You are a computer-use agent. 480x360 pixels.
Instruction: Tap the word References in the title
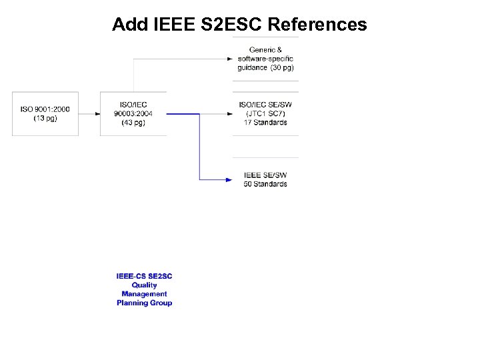pyautogui.click(x=317, y=25)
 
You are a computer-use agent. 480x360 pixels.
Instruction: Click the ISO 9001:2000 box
pyautogui.click(x=45, y=113)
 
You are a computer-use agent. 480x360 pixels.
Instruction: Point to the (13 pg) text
pyautogui.click(x=45, y=118)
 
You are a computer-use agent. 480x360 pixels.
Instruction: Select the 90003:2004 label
pyautogui.click(x=133, y=113)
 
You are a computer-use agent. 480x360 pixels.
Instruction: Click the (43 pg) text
pyautogui.click(x=133, y=122)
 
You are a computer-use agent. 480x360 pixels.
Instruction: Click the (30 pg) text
pyautogui.click(x=282, y=67)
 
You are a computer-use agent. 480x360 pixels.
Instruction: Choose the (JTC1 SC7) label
pyautogui.click(x=265, y=113)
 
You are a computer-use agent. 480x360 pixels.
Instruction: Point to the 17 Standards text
pyautogui.click(x=265, y=122)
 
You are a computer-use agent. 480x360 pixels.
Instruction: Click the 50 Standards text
pyautogui.click(x=265, y=184)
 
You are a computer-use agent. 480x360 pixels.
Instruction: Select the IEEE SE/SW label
pyautogui.click(x=265, y=175)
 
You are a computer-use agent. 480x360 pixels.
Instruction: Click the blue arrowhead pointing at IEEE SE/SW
pyautogui.click(x=229, y=179)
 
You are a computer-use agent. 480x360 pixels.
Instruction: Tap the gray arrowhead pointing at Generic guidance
pyautogui.click(x=229, y=59)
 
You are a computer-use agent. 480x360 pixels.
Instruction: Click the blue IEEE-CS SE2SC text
pyautogui.click(x=144, y=276)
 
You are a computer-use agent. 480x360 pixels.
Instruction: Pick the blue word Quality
pyautogui.click(x=144, y=285)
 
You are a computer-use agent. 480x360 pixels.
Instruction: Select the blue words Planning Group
pyautogui.click(x=144, y=303)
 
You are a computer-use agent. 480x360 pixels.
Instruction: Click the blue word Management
pyautogui.click(x=144, y=293)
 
